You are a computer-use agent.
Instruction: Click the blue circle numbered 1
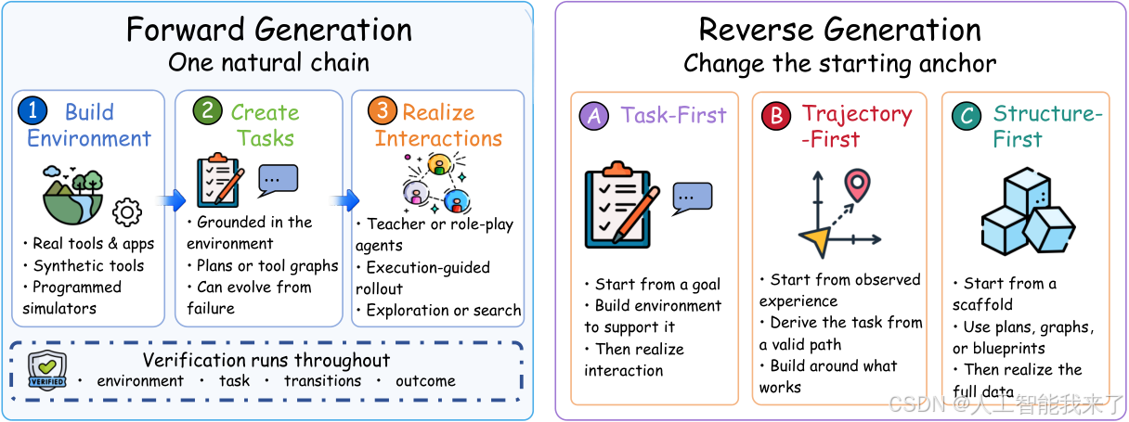(32, 110)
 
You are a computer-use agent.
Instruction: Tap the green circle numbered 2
(208, 110)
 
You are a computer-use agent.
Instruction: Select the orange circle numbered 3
(383, 110)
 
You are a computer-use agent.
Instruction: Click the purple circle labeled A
(594, 116)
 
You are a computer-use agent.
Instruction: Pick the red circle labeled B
(776, 116)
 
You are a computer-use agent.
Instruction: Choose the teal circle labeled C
(967, 116)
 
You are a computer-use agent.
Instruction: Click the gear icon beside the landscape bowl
(127, 212)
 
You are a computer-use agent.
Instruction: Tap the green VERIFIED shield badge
(46, 370)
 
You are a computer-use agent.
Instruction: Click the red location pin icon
(857, 185)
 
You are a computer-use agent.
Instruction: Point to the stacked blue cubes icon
(1028, 211)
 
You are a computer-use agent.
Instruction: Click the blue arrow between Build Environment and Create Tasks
(172, 200)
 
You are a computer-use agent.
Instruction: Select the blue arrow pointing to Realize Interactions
(345, 200)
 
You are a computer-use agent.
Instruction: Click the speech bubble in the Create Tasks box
(278, 180)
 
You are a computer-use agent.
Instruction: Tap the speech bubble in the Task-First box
(692, 198)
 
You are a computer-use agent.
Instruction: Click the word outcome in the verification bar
(425, 380)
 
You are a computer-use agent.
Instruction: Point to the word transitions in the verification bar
(322, 380)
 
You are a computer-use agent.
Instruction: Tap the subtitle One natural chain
(268, 62)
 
